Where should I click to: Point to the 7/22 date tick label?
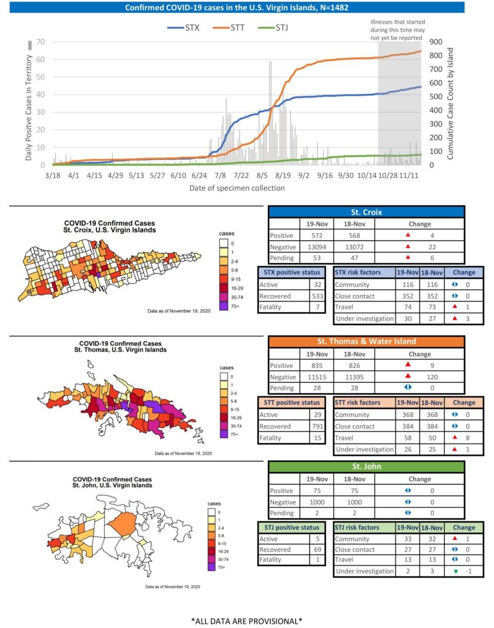point(241,175)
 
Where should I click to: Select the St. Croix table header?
point(366,212)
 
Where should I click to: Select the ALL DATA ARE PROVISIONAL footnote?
point(246,621)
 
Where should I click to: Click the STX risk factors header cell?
point(364,272)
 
